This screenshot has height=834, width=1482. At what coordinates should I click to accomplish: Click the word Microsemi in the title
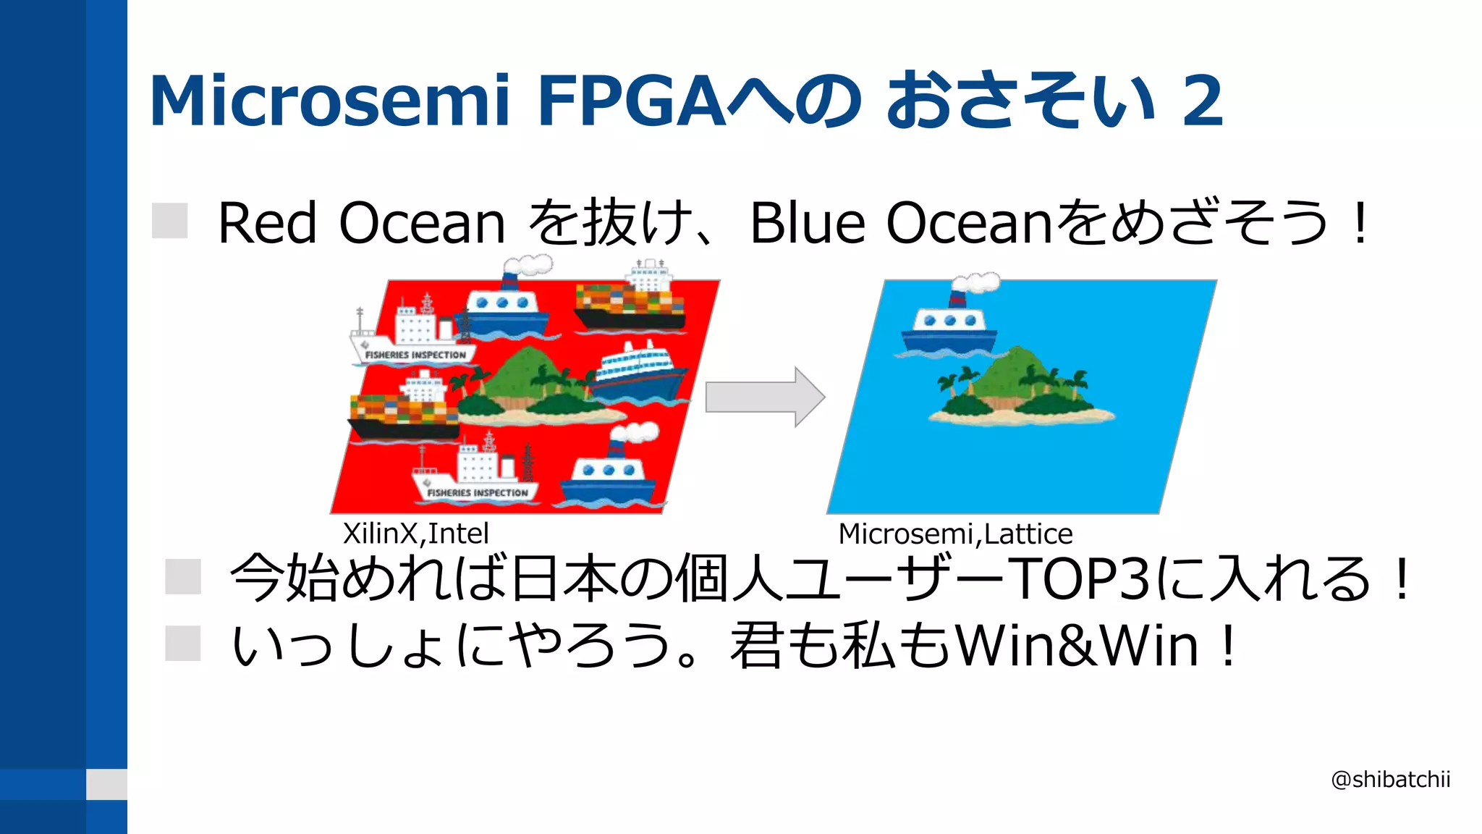tap(330, 101)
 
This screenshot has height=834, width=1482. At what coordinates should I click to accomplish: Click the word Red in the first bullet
tap(267, 223)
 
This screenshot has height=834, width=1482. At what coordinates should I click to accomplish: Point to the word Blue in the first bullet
tap(807, 223)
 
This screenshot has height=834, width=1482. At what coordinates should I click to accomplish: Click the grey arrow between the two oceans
tap(764, 397)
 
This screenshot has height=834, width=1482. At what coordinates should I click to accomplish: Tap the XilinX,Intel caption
tap(415, 534)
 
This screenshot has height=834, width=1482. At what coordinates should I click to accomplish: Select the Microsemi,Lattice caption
tap(954, 534)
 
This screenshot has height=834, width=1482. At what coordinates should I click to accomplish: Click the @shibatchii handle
tap(1390, 780)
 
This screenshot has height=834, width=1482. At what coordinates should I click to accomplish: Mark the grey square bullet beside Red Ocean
tap(170, 221)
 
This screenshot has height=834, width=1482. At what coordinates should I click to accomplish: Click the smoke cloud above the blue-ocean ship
tap(978, 282)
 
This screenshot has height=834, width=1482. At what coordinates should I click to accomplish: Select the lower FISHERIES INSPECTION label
tap(477, 493)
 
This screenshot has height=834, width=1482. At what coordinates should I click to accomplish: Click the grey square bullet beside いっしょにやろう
tap(182, 644)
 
